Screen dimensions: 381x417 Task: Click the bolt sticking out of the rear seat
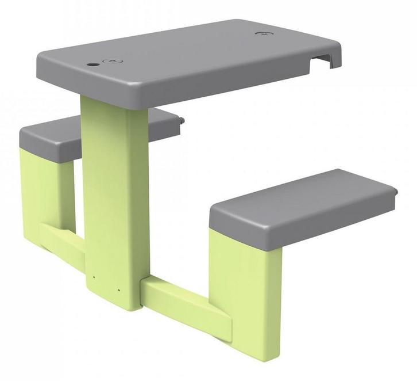182,121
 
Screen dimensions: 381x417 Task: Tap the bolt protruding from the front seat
397,192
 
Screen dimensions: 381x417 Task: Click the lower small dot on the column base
118,289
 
